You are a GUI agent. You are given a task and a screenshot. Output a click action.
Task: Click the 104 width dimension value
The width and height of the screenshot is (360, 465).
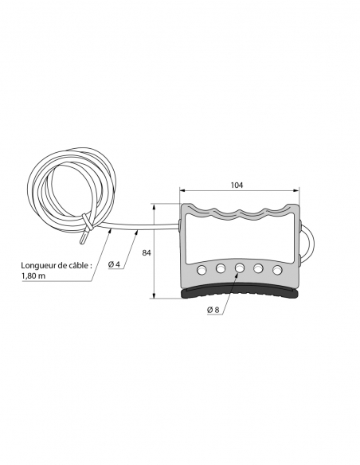237,185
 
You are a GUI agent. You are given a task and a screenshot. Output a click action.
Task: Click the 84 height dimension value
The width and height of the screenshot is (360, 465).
147,252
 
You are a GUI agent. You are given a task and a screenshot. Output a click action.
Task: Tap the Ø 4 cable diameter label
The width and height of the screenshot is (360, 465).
114,264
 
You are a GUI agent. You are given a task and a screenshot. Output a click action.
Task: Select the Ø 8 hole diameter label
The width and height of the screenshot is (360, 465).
213,310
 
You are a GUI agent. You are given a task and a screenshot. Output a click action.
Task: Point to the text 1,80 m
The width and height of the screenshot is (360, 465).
33,275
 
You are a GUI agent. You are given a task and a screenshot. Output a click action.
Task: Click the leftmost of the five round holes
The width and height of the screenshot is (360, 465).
202,270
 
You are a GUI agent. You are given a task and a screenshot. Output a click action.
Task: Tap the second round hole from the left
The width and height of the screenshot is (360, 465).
221,268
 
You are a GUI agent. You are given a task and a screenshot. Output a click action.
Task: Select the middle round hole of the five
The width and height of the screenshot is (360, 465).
240,268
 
